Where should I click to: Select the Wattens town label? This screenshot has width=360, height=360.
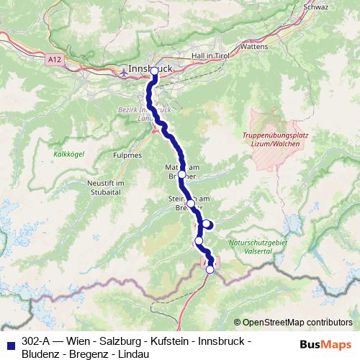click(253, 46)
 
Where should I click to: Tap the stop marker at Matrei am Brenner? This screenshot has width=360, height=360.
click(181, 174)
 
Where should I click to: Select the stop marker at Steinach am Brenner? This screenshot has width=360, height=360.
click(191, 204)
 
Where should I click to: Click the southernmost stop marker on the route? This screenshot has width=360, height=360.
click(210, 269)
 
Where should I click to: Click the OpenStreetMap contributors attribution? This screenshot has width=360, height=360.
click(293, 323)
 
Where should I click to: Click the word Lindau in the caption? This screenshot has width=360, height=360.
click(132, 354)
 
